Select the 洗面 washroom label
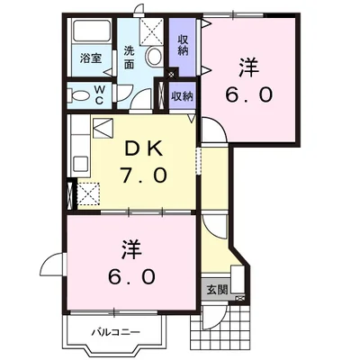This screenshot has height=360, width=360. coord(130,57)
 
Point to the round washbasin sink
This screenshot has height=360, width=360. coord(155,57)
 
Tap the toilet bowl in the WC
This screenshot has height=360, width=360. coord(78,95)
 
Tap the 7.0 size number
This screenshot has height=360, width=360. coord(142,175)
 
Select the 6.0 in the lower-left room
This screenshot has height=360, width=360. coord(130,274)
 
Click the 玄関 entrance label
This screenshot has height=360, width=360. coord(217,290)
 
